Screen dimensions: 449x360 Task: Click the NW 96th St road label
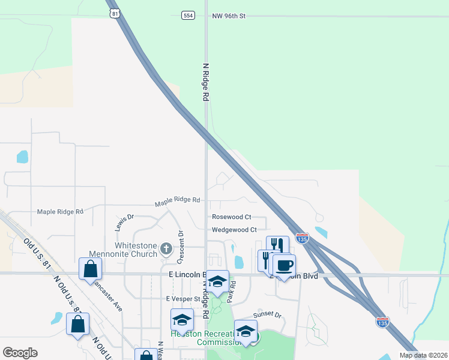229,16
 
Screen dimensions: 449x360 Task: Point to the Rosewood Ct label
231,217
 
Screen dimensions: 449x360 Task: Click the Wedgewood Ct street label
234,229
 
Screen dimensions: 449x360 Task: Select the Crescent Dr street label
179,246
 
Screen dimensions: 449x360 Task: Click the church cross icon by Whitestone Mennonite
167,248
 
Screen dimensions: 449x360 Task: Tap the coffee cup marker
284,265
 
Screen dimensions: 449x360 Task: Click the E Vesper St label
183,298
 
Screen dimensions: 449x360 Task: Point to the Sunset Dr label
268,314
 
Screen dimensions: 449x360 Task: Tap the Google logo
20,353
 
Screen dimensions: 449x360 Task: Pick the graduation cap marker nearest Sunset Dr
246,331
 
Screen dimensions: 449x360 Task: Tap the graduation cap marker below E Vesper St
182,320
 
